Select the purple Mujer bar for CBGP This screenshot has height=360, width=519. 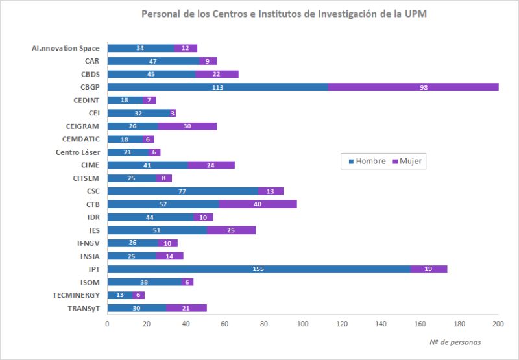pos(413,87)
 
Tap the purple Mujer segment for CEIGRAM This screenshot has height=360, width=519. pos(187,126)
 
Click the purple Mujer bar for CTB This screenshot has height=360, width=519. pos(258,204)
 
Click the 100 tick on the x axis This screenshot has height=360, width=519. pos(303,323)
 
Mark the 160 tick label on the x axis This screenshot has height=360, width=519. pos(420,323)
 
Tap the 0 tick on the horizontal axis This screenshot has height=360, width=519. pos(107,323)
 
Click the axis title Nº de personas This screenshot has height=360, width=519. pos(455,342)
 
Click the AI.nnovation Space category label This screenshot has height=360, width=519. pos(66,48)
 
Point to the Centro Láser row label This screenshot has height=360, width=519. pos(77,152)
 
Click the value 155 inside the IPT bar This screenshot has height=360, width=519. pos(259,269)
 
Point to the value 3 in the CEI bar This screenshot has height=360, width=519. pos(173,113)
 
